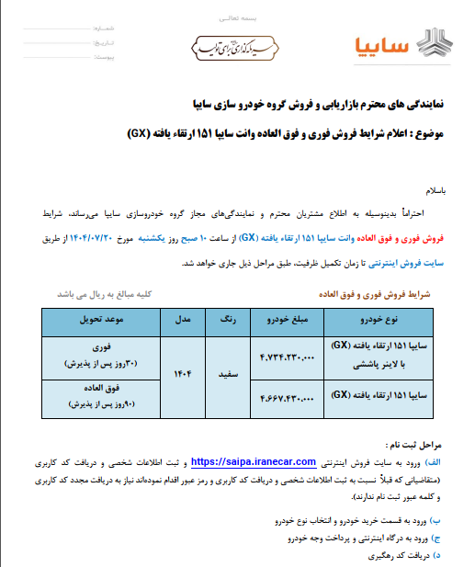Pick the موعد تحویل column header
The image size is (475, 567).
point(103,323)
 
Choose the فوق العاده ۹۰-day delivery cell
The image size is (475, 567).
point(103,398)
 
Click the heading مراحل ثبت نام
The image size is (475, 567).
point(414,444)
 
